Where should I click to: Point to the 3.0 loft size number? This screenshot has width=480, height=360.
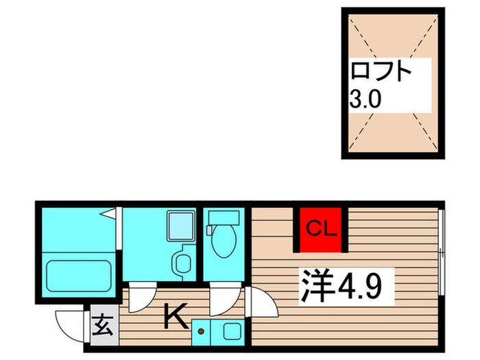click(365, 100)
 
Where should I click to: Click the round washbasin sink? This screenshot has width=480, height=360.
click(183, 262)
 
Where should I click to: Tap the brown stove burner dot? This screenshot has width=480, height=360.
click(202, 332)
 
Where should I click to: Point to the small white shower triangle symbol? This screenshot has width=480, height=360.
click(109, 215)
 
